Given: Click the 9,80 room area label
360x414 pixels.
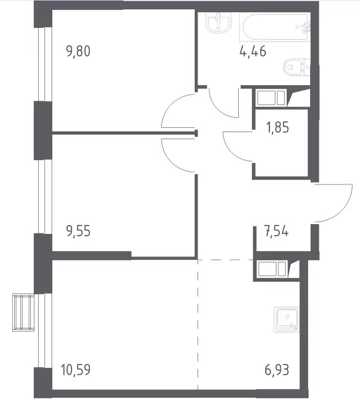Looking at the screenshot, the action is coord(78,51).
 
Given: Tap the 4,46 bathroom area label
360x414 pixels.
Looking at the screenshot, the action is coord(253,51).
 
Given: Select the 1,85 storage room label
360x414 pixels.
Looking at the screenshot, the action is coord(277,127).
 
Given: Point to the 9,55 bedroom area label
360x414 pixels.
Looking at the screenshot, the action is coord(78,231).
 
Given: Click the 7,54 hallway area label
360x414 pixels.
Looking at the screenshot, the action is coord(276,231).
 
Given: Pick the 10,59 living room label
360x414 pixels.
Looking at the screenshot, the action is coord(75,369).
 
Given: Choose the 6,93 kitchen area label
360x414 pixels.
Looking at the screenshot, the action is coord(277,369).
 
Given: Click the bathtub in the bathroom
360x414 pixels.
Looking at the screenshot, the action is coord(275,27).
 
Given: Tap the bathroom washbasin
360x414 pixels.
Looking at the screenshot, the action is coord(218,23).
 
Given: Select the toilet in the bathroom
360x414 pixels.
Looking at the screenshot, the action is coord(297,67).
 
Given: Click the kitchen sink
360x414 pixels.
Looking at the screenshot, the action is coord(287,320).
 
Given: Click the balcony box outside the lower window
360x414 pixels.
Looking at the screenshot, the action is coord(23,313).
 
